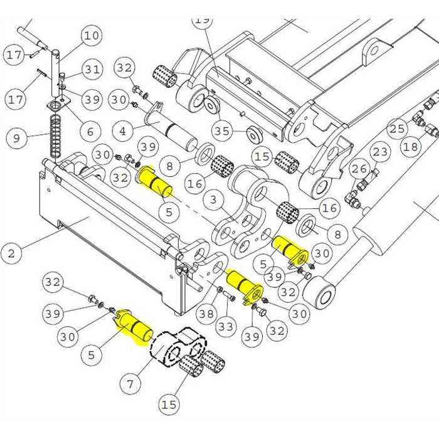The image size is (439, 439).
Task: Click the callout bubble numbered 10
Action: (92, 36)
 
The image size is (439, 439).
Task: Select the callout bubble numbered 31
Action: (92, 69)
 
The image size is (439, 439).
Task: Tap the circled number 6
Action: (90, 131)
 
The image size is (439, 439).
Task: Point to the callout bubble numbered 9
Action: (16, 138)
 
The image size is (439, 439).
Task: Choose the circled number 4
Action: (123, 131)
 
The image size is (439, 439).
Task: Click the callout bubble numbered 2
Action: (11, 253)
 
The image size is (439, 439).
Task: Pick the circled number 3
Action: (214, 199)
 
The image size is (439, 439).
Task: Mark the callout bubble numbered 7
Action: (130, 384)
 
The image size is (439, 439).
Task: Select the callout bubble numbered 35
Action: (222, 130)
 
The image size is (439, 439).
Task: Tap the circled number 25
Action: (397, 129)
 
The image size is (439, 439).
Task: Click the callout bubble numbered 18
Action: (411, 146)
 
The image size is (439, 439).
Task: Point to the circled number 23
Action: (380, 152)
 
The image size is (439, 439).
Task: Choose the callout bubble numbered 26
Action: (359, 169)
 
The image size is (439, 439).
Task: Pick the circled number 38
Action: (206, 314)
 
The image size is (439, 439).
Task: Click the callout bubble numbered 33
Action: (226, 326)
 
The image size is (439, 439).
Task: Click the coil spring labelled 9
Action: (56, 139)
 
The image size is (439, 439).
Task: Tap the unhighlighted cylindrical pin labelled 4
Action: (171, 125)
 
